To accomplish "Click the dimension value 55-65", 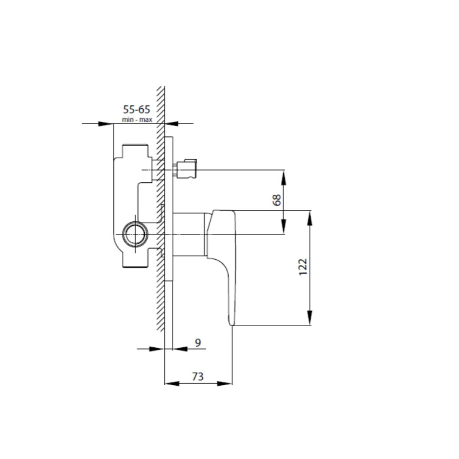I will pos(137,110).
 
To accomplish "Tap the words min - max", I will pos(137,120).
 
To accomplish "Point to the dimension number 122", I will pos(303,267).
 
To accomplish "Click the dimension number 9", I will pos(198,342).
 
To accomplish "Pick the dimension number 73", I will pos(198,376).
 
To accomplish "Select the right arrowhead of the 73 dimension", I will pos(225,383).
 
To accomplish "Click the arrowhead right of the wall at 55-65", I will pos(172,124).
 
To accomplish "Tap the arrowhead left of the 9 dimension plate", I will pos(157,348).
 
